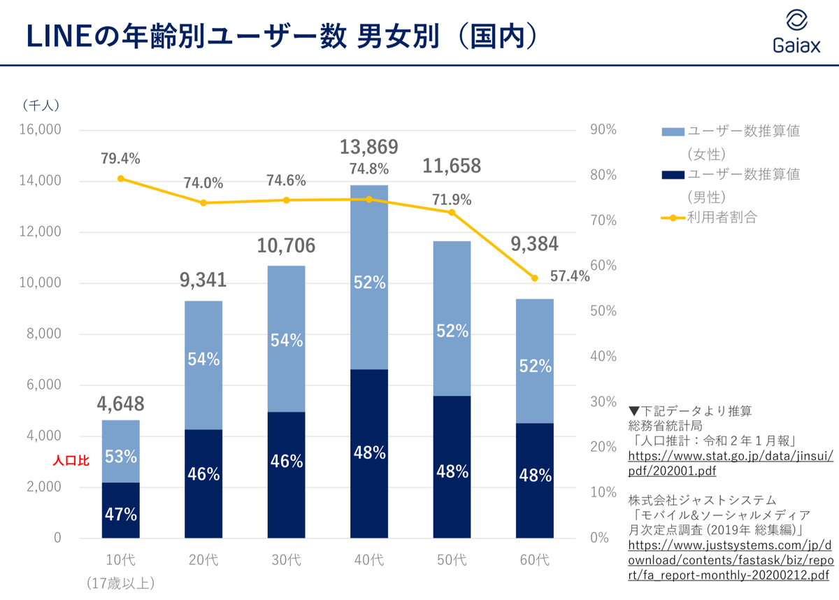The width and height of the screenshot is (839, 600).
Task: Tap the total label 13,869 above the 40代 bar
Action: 368,147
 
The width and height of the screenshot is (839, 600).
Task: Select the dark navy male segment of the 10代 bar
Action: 121,510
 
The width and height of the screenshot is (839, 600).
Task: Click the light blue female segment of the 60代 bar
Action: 535,361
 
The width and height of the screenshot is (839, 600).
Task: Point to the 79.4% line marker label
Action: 120,159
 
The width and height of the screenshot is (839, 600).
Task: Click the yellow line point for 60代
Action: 535,278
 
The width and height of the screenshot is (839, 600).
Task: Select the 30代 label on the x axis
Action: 286,560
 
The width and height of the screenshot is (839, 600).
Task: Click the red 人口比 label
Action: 72,462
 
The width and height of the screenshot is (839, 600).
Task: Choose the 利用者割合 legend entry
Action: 722,217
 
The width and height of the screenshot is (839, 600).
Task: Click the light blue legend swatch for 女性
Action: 672,131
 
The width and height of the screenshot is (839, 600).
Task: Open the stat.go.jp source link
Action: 731,463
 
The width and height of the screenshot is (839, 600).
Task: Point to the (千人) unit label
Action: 41,106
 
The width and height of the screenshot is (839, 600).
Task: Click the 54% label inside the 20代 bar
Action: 203,359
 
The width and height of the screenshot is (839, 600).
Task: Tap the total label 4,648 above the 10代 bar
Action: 121,403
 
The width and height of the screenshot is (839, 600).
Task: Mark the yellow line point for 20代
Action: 203,203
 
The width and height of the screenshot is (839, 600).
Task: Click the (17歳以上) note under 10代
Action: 121,583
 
